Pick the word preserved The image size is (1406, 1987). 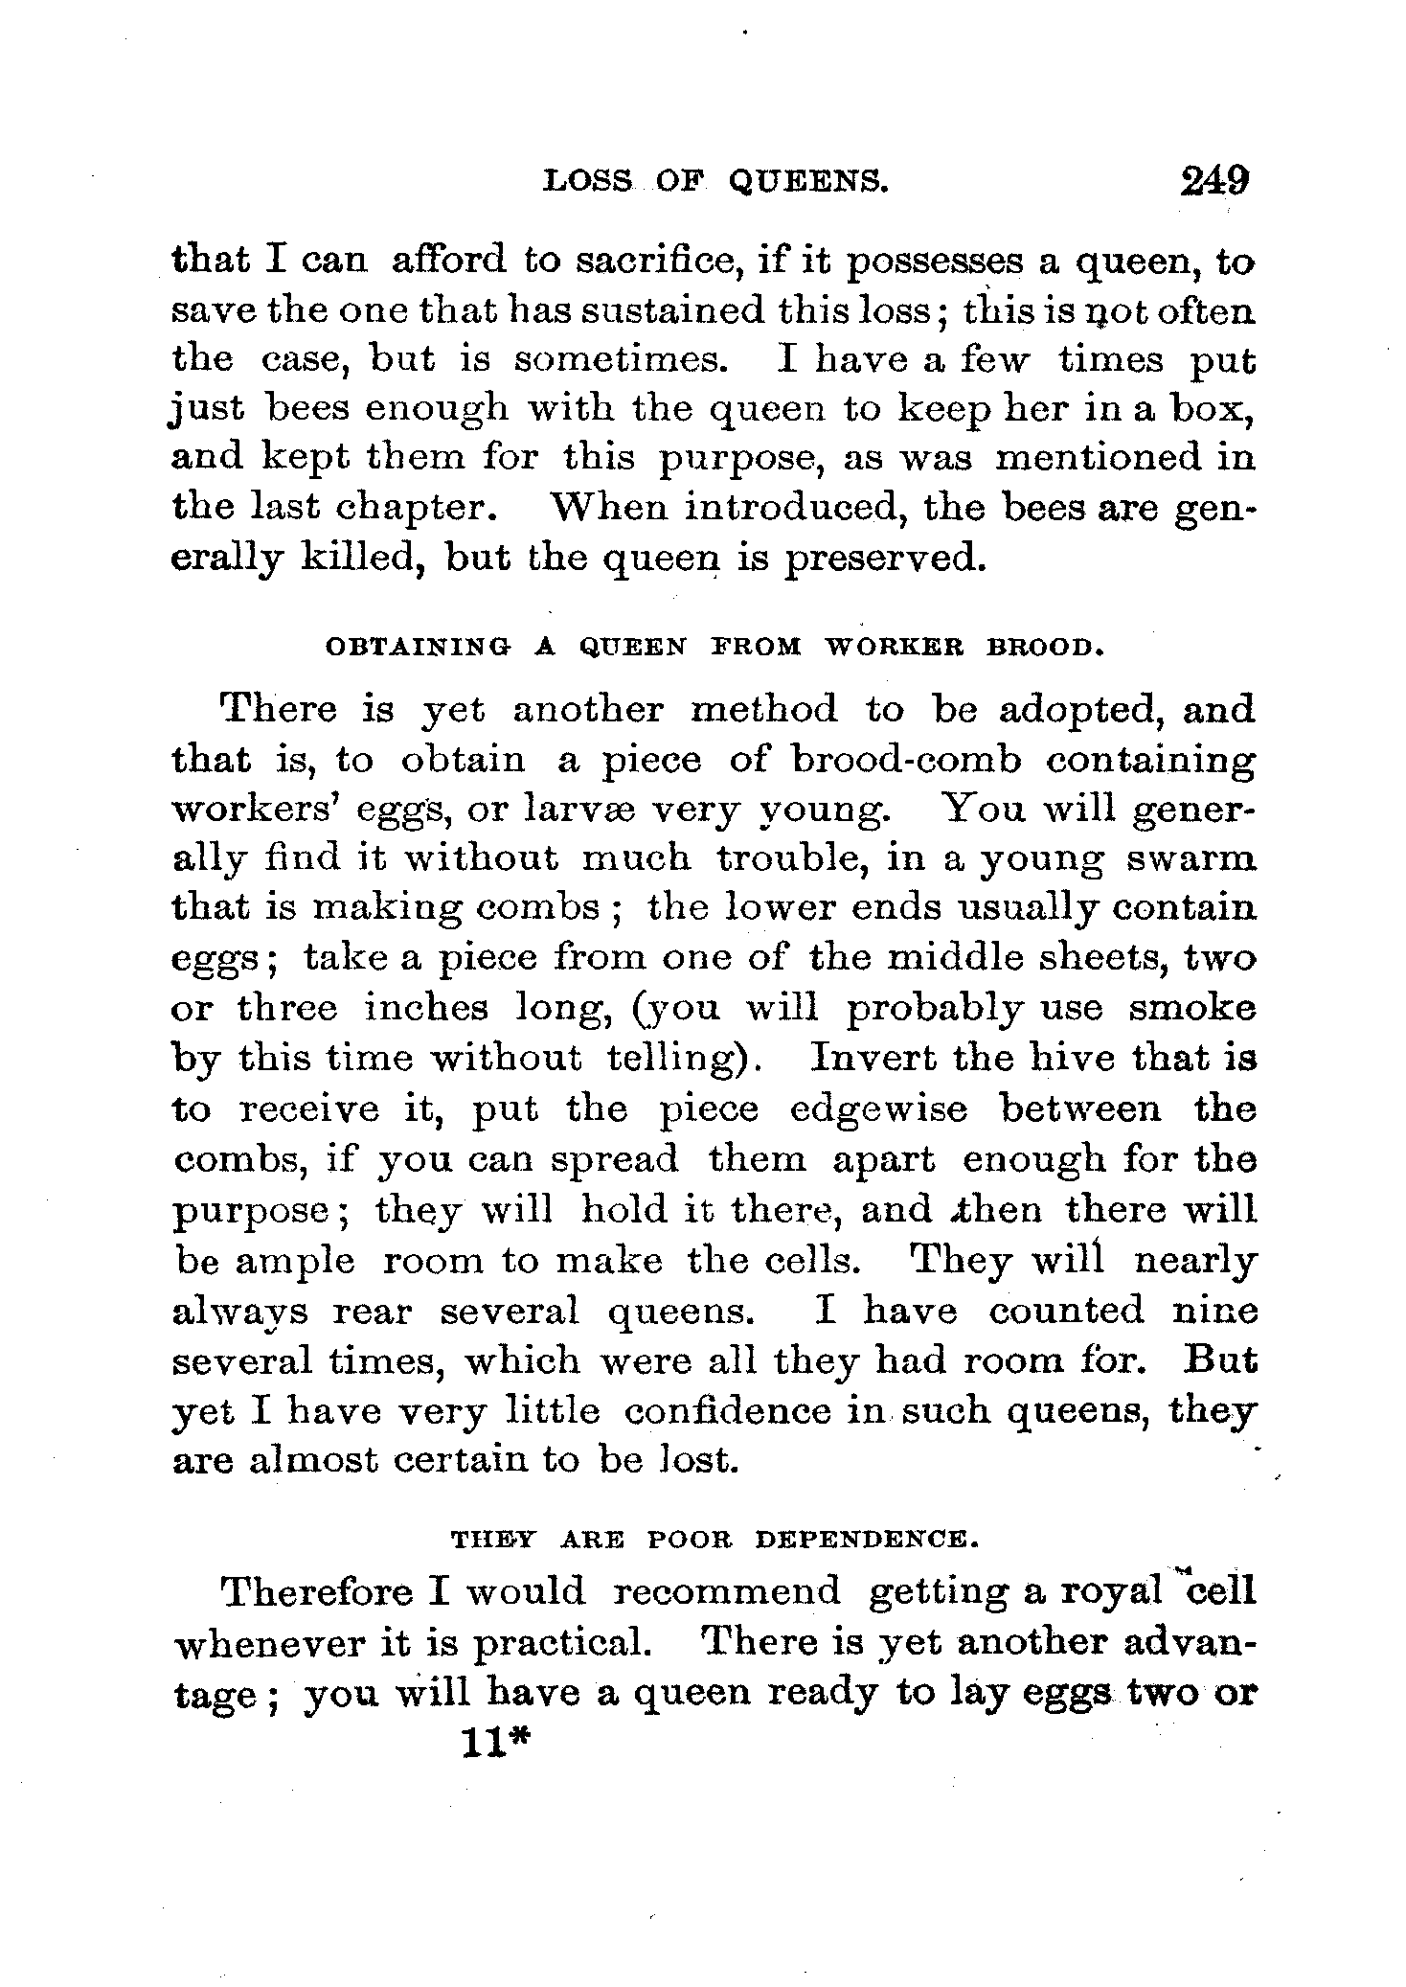coord(884,557)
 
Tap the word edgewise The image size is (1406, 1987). coord(879,1110)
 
